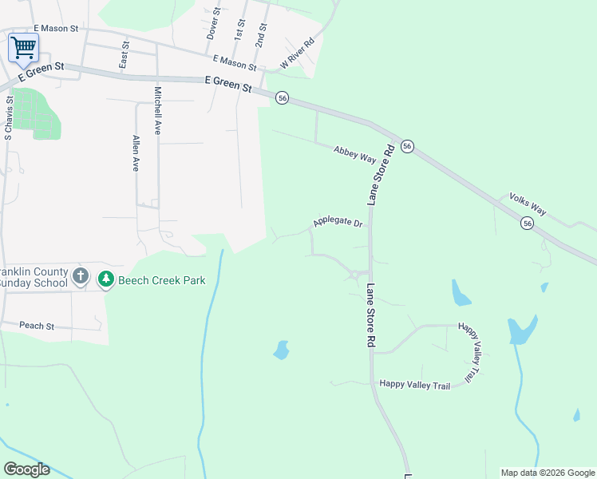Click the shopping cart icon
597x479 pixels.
pos(23,47)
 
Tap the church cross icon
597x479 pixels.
pos(80,278)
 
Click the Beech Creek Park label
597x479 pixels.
pos(162,280)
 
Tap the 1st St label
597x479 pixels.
pos(239,30)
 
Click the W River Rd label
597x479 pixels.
pos(297,53)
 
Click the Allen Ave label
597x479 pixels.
pos(136,153)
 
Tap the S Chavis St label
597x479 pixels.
pos(9,119)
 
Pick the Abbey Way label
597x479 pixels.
pos(355,154)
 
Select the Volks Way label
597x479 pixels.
pos(528,204)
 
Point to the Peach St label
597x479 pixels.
pos(37,326)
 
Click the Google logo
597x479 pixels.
pos(26,469)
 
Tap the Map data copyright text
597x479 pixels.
pos(548,473)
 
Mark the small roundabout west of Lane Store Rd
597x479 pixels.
pos(354,275)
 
